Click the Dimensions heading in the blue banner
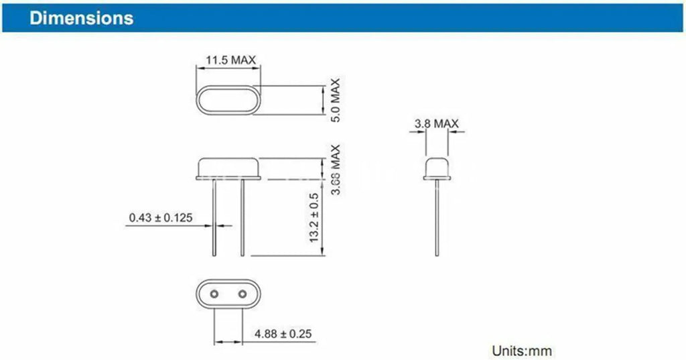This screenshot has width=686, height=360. (x=81, y=18)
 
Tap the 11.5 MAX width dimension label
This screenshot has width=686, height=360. (x=230, y=60)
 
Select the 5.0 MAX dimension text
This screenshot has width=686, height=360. (x=335, y=101)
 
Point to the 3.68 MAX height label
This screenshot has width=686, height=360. (x=335, y=170)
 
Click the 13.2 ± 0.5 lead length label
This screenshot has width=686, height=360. (x=314, y=218)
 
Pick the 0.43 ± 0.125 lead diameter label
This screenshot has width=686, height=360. (x=161, y=217)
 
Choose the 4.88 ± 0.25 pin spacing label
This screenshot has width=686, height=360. (x=283, y=334)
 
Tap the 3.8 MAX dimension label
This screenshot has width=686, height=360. (x=437, y=123)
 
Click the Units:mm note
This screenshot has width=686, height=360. (x=521, y=351)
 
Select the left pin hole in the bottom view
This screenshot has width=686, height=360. (x=214, y=294)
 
